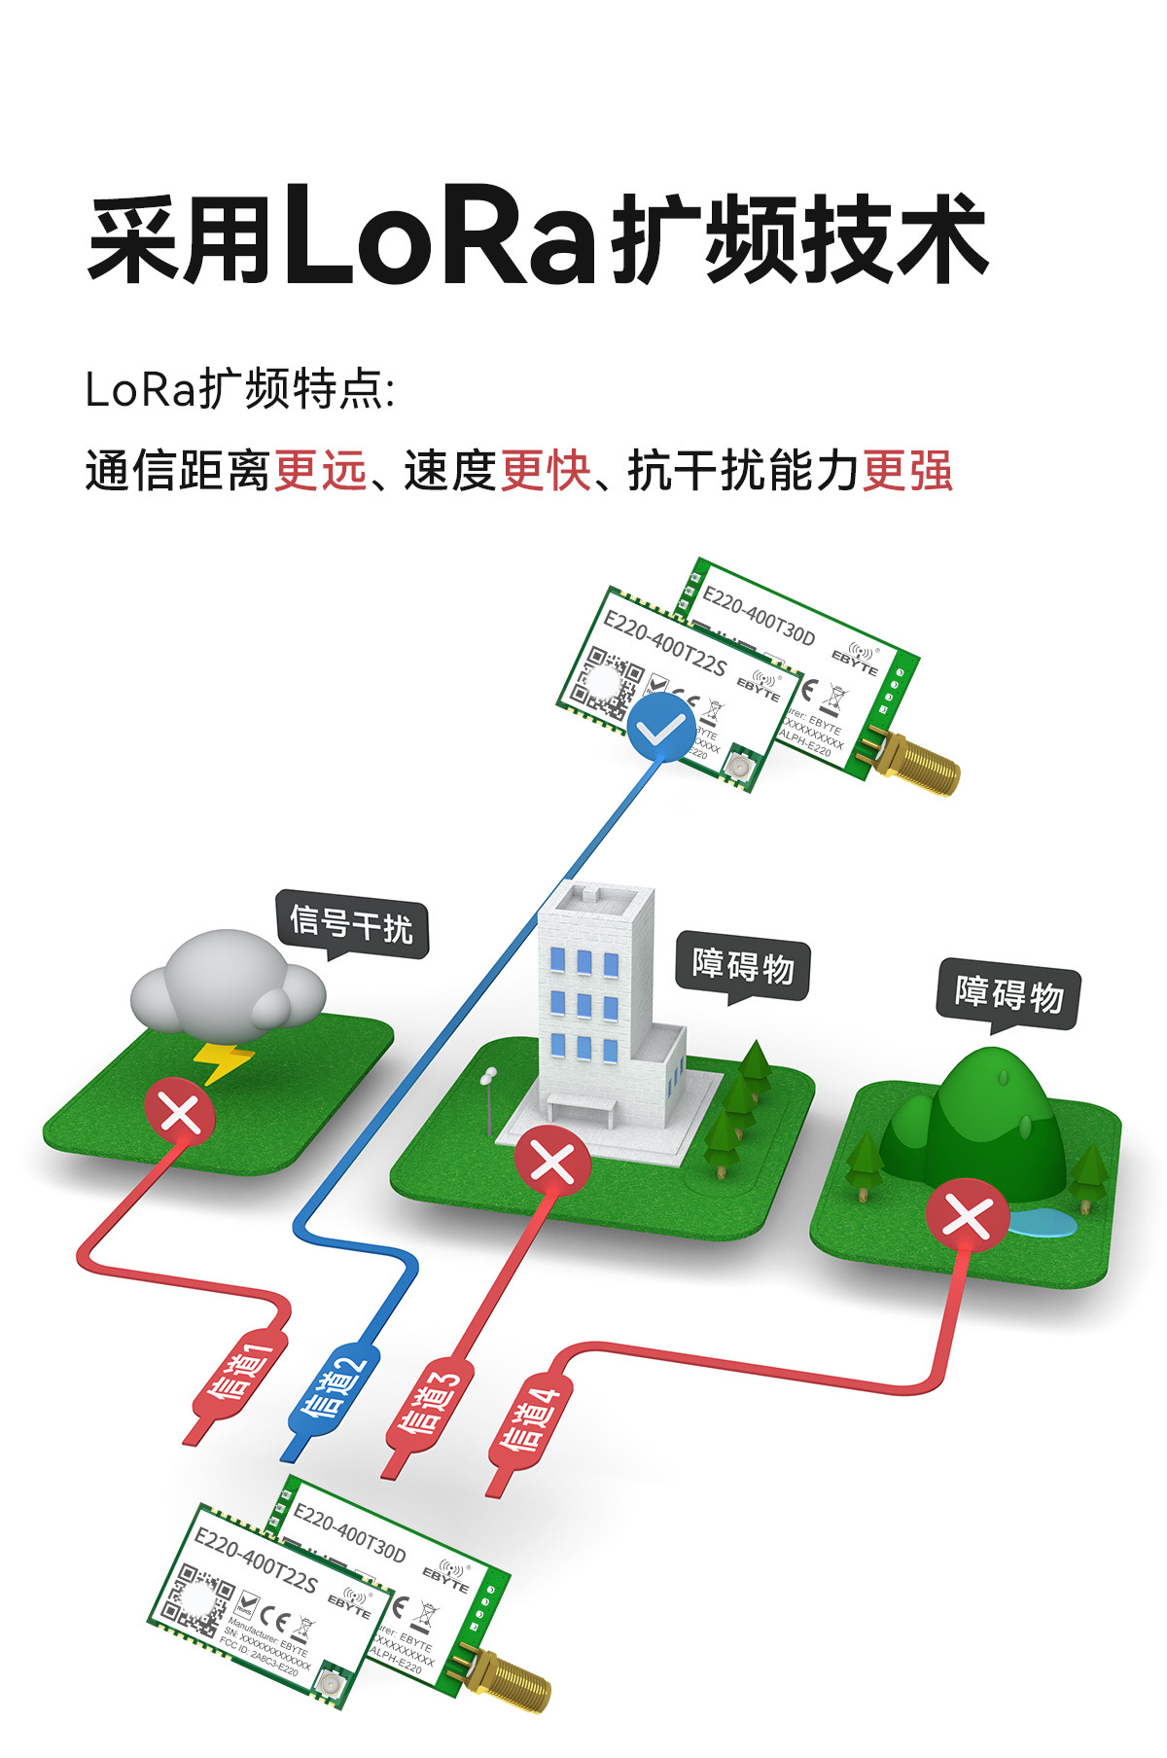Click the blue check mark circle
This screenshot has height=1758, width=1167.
point(660,729)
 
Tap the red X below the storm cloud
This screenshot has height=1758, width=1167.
point(180,1112)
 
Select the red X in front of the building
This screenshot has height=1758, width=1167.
point(552,1162)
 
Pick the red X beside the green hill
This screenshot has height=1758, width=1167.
point(966,1215)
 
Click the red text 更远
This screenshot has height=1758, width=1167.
point(321,471)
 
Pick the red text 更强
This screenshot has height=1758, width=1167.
point(907,471)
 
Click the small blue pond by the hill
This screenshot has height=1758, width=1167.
point(1041,1222)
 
